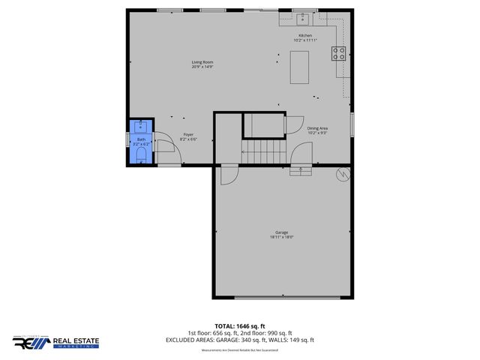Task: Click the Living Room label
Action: pos(202,61)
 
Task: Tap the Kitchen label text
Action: pos(304,35)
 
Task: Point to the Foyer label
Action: pos(188,135)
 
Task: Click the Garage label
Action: pos(281,232)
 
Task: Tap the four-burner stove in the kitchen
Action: pos(338,53)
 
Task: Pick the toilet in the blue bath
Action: pos(140,154)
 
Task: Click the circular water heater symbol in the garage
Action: pos(343,174)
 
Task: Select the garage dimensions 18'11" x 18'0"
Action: pos(281,238)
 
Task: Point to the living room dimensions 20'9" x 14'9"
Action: pos(202,67)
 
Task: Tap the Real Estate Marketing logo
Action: pos(55,342)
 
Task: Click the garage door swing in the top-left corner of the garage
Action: pos(228,175)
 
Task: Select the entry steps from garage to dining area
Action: pos(301,170)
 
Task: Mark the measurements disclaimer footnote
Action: pos(239,350)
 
